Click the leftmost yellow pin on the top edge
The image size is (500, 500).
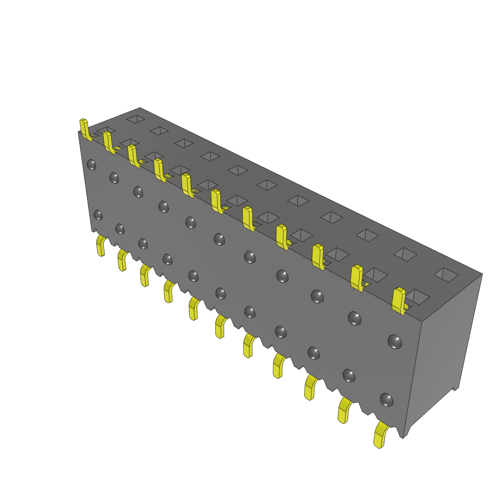click(84, 129)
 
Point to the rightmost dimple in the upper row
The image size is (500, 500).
click(395, 341)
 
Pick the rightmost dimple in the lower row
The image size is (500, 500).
click(387, 399)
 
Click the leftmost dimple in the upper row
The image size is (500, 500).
click(91, 164)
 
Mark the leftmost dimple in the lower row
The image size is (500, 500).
click(98, 215)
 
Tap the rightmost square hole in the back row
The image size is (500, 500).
click(446, 274)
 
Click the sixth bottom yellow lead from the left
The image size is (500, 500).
click(220, 326)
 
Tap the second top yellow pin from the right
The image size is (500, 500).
click(357, 278)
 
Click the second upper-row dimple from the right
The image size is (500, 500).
click(354, 318)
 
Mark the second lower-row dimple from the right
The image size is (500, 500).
click(349, 375)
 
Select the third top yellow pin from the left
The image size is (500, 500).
click(133, 155)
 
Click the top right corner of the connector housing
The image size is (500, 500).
click(482, 274)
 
